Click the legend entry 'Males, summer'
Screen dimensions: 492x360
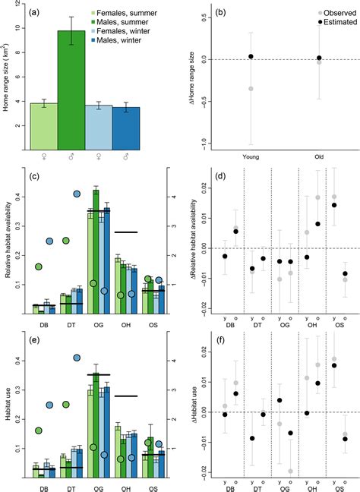pyautogui.click(x=124, y=22)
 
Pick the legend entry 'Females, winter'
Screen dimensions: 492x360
pyautogui.click(x=126, y=31)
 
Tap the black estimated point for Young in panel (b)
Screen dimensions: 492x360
pyautogui.click(x=251, y=57)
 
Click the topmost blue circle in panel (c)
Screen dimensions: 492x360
pyautogui.click(x=77, y=194)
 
